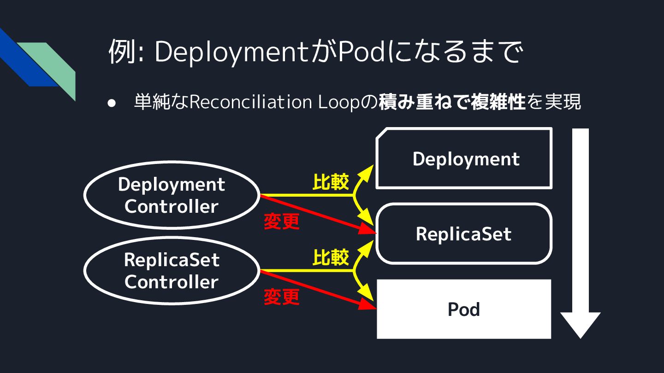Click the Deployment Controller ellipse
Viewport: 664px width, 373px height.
pos(171,195)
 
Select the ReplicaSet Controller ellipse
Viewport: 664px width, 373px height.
pos(171,271)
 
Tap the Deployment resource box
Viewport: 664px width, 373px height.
pos(464,159)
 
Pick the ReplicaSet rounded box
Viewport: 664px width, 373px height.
pos(463,234)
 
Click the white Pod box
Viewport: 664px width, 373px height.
pos(464,309)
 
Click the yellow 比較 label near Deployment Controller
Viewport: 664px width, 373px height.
pos(331,182)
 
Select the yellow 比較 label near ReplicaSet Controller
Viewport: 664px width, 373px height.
pos(331,258)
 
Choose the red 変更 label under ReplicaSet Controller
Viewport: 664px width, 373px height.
pos(282,297)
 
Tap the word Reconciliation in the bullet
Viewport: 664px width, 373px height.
pos(251,103)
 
